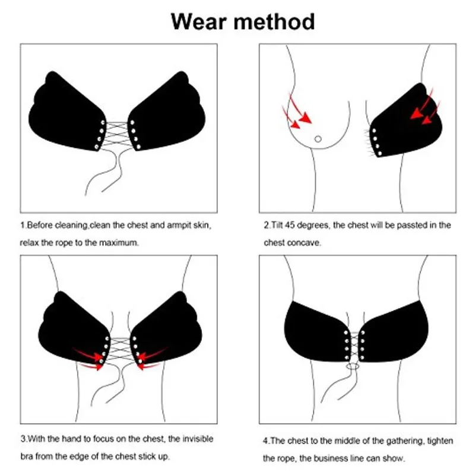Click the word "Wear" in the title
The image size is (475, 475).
click(199, 22)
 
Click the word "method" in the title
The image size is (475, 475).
click(274, 22)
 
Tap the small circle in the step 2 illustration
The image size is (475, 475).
click(318, 139)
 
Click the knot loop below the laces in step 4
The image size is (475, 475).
click(353, 366)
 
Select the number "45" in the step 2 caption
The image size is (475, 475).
click(290, 225)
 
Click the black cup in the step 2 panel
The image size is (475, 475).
click(406, 124)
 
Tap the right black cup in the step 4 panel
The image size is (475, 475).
click(394, 333)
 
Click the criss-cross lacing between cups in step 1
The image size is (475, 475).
click(117, 135)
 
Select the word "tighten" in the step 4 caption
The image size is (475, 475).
click(440, 441)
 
